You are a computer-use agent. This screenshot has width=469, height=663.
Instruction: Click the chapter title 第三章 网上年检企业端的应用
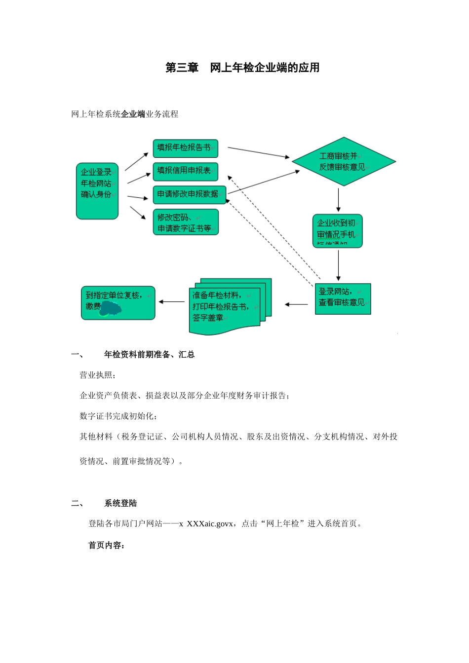tap(242, 68)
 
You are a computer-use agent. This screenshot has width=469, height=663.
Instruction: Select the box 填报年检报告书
tap(185, 148)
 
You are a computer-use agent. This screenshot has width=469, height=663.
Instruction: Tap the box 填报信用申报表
tap(185, 171)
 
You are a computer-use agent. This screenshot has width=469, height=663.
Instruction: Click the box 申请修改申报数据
tap(189, 194)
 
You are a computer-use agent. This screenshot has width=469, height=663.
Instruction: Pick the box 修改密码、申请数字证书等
tap(185, 222)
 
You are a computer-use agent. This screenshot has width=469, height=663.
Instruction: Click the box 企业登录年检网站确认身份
tap(97, 190)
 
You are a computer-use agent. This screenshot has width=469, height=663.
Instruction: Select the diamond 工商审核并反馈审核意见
tap(343, 162)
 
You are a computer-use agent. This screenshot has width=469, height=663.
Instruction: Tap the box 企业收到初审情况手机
tap(338, 230)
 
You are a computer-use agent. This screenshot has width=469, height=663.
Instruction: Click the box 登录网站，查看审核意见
tap(343, 298)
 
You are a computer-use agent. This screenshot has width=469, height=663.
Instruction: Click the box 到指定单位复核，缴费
tap(118, 302)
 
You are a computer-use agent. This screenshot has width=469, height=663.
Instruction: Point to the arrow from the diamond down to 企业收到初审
tap(338, 199)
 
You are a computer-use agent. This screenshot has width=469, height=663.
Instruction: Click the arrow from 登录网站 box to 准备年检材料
tap(296, 304)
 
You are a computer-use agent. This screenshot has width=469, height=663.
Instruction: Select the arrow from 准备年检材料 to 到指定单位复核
tap(172, 301)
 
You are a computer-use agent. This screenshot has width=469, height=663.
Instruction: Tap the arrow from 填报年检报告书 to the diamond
tap(258, 152)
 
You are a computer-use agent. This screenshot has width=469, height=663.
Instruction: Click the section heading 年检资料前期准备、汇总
tap(149, 354)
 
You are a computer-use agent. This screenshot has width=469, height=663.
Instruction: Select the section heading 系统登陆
tap(120, 503)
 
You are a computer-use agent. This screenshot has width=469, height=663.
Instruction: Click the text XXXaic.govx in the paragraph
tap(210, 524)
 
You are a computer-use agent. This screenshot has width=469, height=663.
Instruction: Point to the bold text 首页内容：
tap(107, 545)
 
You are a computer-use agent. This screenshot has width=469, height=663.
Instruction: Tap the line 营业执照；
tap(98, 375)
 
